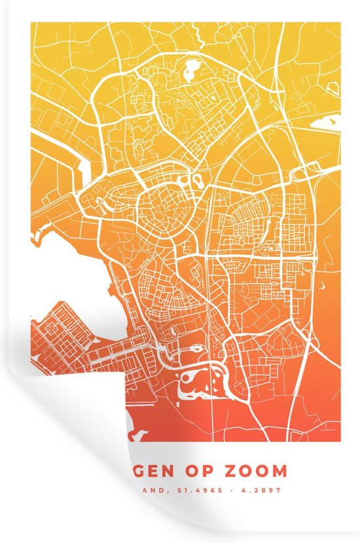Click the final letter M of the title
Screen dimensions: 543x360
[x=280, y=470]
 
